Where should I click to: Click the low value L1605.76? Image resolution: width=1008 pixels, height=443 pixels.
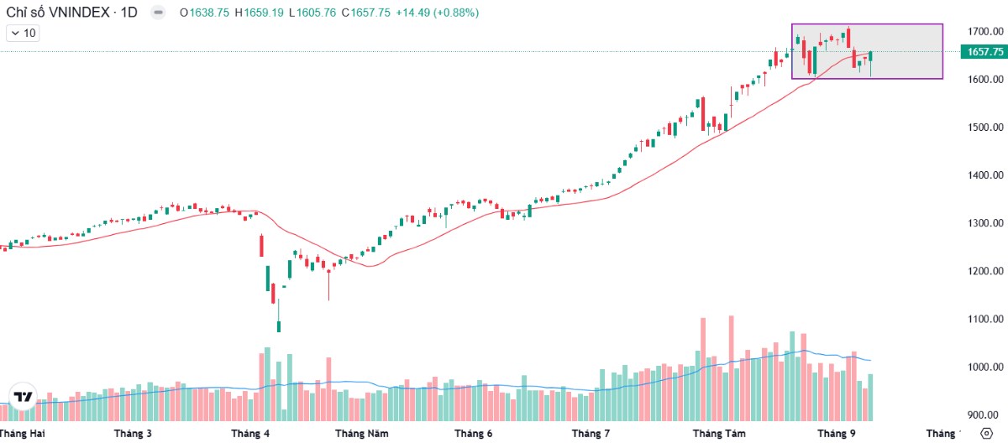pyautogui.click(x=311, y=13)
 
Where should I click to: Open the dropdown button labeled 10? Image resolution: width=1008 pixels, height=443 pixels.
pyautogui.click(x=23, y=33)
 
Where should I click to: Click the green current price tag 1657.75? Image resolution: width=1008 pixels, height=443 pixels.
pyautogui.click(x=984, y=52)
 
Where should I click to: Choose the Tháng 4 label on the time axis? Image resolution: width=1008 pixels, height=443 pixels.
pyautogui.click(x=250, y=434)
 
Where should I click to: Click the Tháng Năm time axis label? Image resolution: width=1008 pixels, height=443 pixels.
pyautogui.click(x=361, y=434)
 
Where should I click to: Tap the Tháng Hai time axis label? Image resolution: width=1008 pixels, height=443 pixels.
pyautogui.click(x=24, y=434)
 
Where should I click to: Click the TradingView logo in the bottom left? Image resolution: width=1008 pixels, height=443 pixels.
pyautogui.click(x=24, y=398)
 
